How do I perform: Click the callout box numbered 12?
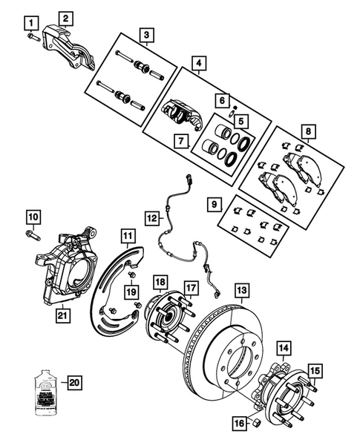(x=151, y=219)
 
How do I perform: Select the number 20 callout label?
(x=73, y=383)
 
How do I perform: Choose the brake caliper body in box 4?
(x=180, y=114)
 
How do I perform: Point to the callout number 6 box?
(x=221, y=99)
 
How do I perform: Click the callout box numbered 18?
(x=160, y=282)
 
